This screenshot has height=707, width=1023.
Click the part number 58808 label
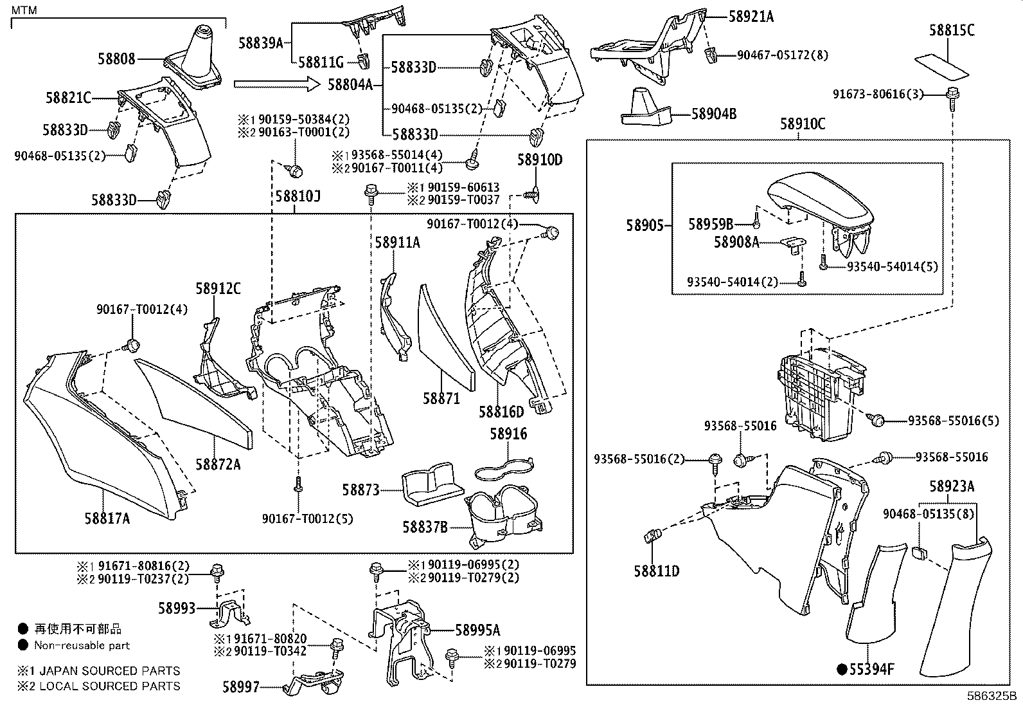(116, 59)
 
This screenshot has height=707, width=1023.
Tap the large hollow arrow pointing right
(277, 84)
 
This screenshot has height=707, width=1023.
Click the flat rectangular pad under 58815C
(943, 66)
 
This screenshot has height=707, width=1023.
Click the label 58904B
(714, 114)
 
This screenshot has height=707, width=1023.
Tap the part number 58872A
(218, 464)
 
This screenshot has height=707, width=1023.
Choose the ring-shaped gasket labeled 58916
(504, 468)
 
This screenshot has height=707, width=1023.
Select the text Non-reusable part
(82, 645)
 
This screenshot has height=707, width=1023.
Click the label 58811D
(656, 571)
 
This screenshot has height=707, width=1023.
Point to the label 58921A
(751, 17)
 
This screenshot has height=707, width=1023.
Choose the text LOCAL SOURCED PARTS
(109, 686)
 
